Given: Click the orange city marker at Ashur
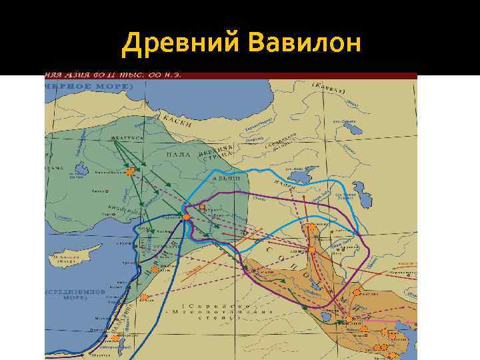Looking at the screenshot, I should coord(311,250).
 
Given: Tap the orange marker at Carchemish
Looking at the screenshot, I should coord(187,217).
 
